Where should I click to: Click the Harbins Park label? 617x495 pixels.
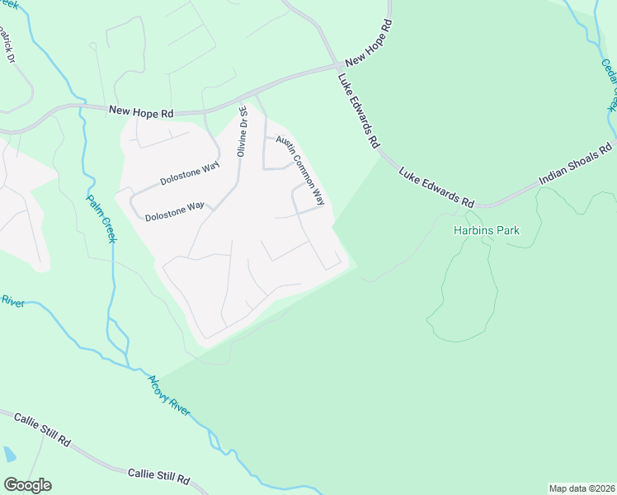487,231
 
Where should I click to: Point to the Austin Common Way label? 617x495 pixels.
300,170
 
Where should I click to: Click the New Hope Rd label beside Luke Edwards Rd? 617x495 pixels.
368,56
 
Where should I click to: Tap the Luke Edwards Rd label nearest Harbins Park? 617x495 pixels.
436,188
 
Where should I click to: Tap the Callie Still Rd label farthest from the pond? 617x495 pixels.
158,476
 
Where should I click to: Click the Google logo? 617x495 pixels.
27,485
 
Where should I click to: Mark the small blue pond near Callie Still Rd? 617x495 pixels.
8,454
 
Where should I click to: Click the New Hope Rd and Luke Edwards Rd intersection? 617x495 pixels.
338,66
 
